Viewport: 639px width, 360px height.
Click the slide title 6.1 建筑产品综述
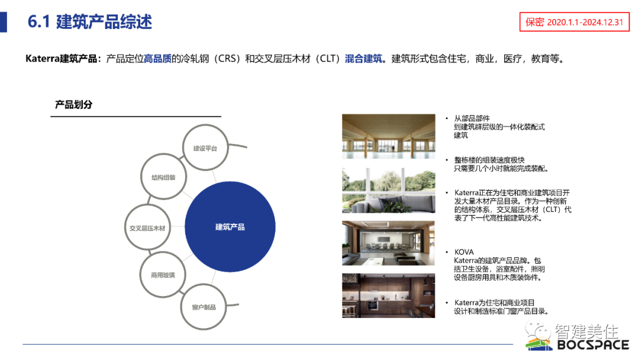(90, 22)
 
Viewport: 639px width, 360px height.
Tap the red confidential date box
(574, 22)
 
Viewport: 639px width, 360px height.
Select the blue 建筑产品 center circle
(230, 227)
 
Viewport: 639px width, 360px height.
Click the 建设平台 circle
(205, 148)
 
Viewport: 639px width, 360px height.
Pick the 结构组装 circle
(164, 177)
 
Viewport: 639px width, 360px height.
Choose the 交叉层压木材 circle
(147, 228)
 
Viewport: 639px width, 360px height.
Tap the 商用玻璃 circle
(163, 275)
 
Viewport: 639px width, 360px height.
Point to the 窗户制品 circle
(204, 307)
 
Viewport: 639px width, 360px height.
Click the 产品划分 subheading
(74, 105)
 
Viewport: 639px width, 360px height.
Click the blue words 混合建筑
(364, 59)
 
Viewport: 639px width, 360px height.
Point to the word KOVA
(464, 252)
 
